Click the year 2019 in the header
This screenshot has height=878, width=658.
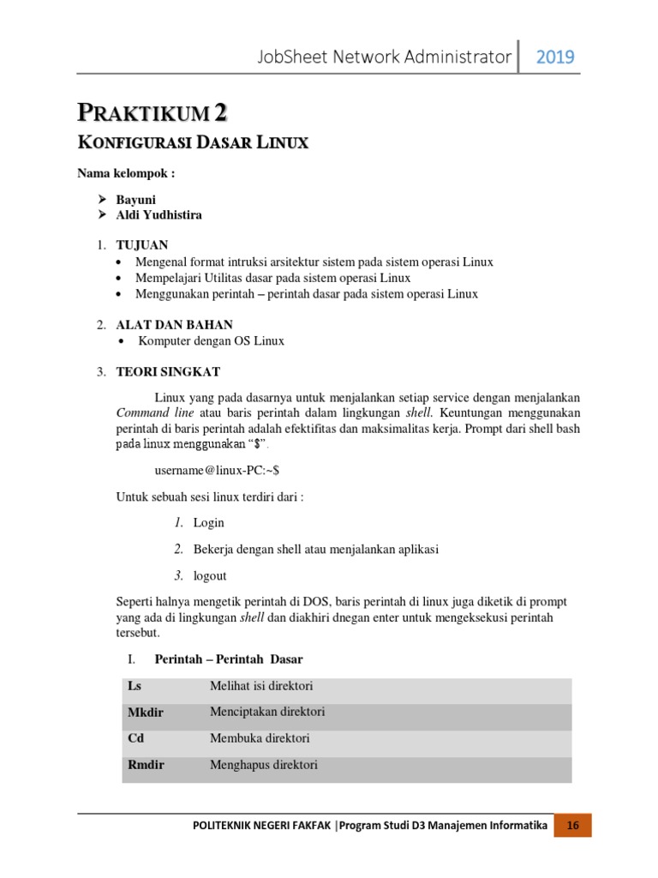point(555,57)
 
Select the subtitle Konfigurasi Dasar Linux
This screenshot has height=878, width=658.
point(193,143)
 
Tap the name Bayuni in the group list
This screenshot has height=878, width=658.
point(136,199)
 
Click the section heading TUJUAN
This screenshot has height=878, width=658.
point(142,245)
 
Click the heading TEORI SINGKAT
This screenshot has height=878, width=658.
point(168,371)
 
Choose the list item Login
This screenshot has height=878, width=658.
point(208,522)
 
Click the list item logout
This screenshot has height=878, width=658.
point(210,575)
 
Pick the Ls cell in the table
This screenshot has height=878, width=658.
point(135,686)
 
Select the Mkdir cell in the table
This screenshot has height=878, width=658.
point(145,713)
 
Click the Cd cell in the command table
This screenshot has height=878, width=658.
point(135,738)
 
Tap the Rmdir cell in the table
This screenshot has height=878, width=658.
point(146,765)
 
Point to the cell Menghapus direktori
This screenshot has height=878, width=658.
point(263,765)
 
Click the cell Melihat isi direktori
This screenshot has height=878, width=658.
point(261,686)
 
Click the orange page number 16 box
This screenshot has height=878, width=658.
point(573,826)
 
